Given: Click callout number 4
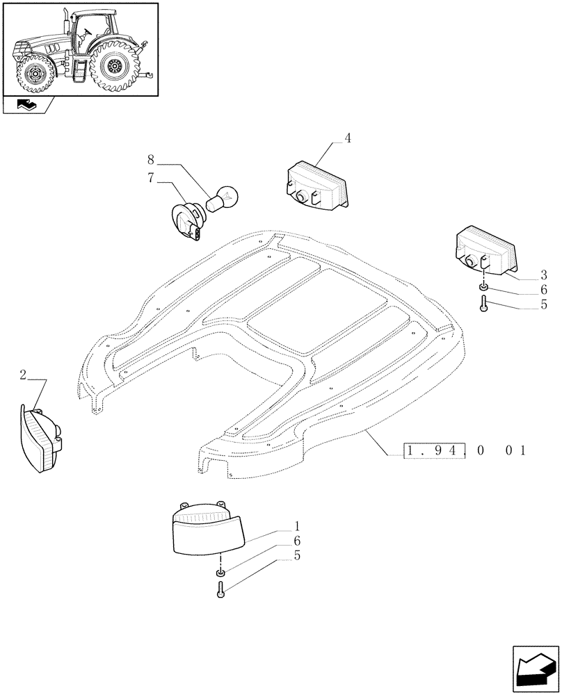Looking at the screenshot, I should (x=348, y=138).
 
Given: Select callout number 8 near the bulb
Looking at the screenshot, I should (x=151, y=159).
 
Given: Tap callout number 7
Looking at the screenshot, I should (x=151, y=178).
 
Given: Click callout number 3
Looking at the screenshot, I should (x=523, y=274).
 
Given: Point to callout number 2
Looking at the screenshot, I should (x=24, y=375).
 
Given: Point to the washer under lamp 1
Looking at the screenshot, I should (x=220, y=572).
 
